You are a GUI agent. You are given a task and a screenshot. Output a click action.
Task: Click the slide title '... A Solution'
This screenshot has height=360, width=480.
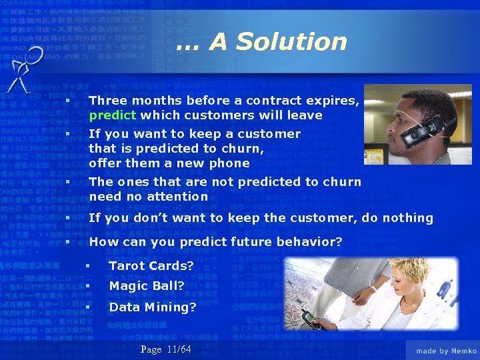[261, 42]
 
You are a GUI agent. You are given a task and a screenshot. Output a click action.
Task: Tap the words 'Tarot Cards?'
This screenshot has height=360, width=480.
[151, 266]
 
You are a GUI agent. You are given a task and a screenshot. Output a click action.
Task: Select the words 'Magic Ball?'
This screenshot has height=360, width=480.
[147, 287]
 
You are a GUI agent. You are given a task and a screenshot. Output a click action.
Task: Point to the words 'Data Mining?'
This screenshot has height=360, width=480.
[153, 307]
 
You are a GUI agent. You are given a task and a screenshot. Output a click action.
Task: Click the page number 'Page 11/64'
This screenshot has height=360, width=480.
[166, 349]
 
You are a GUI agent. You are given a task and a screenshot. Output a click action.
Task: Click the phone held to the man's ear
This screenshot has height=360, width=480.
[427, 126]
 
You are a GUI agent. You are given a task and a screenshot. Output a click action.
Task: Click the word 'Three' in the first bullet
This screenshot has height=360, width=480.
[107, 101]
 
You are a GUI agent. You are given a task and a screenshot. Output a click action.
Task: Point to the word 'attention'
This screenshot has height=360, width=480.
[177, 197]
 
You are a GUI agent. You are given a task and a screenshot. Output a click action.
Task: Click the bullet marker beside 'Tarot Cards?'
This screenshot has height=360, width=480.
[87, 266]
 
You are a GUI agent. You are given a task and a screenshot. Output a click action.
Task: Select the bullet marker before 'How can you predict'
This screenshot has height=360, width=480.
[67, 242]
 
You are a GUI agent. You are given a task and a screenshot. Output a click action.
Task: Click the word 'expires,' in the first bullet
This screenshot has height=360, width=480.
[333, 101]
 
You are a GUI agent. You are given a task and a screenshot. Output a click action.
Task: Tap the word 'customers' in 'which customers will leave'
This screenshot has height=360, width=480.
[211, 115]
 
